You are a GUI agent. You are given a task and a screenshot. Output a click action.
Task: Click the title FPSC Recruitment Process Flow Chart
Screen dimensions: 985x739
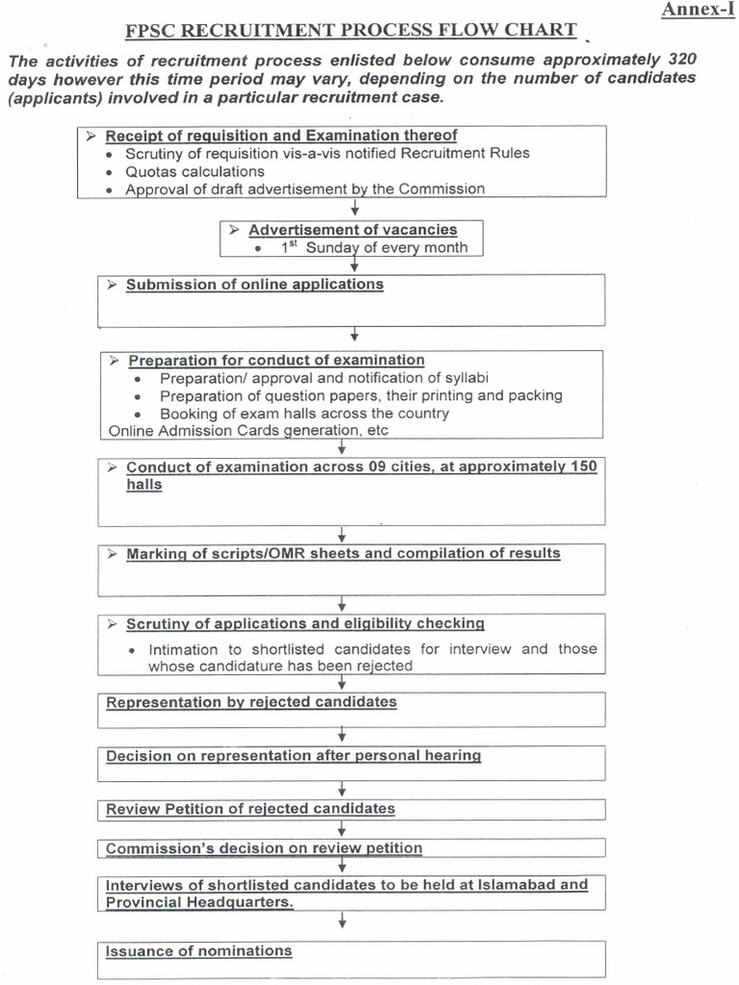click(351, 31)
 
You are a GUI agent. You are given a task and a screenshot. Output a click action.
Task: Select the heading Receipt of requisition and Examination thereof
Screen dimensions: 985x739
click(281, 136)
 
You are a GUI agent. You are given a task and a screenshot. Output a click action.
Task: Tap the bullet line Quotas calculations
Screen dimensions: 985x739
click(194, 171)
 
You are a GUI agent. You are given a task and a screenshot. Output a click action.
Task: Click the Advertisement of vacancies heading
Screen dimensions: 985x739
click(352, 230)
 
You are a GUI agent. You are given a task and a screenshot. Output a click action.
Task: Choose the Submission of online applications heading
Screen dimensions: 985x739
click(254, 285)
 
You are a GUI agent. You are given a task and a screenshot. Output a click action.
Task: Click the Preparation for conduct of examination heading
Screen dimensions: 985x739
click(276, 361)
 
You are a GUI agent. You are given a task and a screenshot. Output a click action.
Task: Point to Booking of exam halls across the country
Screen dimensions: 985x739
click(304, 414)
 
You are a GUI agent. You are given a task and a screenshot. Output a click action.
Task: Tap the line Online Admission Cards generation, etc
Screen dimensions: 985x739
click(236, 431)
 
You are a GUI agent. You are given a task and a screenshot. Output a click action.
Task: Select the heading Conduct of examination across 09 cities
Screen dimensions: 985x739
click(361, 467)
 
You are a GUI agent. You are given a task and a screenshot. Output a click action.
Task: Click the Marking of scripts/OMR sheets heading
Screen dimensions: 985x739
click(343, 554)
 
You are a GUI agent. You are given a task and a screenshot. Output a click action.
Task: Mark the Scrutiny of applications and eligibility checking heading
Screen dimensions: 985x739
click(305, 624)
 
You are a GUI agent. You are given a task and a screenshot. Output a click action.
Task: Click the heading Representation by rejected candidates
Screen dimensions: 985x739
click(251, 702)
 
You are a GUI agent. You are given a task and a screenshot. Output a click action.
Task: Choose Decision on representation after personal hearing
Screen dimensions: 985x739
click(293, 756)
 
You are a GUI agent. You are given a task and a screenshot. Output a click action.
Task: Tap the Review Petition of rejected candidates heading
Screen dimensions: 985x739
click(250, 809)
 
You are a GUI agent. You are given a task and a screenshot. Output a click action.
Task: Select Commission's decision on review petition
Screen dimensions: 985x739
click(264, 848)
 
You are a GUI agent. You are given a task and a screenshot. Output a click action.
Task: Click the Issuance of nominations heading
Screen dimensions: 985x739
click(199, 951)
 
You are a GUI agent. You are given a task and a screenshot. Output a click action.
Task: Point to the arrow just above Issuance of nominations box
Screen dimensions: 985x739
click(343, 922)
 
